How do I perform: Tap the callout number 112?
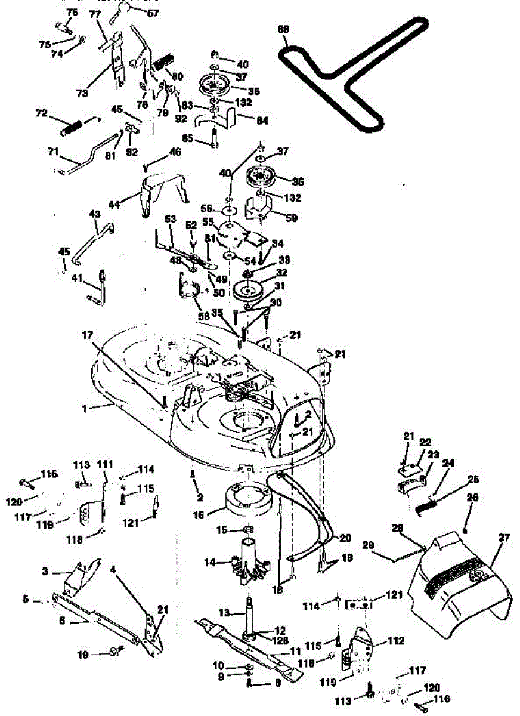tap(394, 641)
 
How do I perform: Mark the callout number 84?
tap(261, 120)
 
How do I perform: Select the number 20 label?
tap(345, 538)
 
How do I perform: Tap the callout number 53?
tap(170, 220)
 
